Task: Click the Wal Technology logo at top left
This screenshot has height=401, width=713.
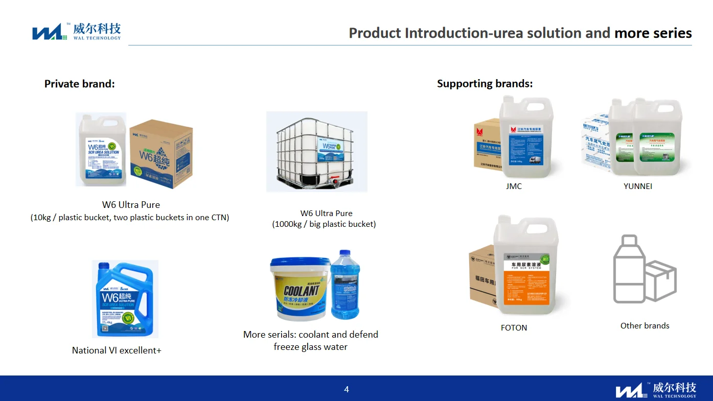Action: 76,32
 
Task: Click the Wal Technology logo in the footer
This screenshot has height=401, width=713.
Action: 656,390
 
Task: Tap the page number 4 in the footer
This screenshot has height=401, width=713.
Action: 347,390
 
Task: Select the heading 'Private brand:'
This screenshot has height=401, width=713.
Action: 80,84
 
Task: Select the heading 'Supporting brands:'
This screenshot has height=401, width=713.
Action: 485,84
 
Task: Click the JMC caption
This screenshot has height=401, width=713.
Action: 514,186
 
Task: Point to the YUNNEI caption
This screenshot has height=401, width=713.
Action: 638,186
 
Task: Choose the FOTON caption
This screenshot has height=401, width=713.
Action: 514,328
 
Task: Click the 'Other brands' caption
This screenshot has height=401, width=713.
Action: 645,326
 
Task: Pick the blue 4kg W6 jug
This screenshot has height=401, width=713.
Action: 124,299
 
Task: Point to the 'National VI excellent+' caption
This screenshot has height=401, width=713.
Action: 117,350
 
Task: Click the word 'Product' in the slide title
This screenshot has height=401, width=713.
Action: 375,33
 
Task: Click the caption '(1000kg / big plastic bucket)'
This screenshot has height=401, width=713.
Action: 324,224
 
